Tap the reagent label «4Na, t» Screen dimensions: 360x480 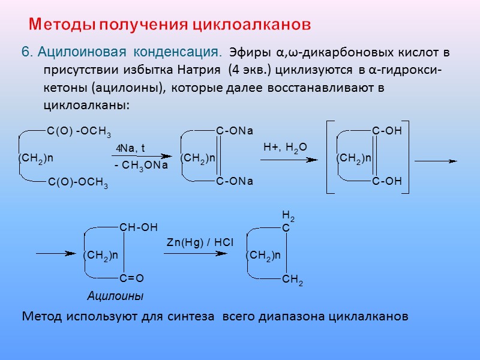click(131, 148)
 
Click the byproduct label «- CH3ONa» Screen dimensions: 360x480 click(140, 165)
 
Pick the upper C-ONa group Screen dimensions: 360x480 click(235, 131)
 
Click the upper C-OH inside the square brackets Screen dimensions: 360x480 click(386, 131)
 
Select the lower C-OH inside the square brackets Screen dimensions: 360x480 click(386, 181)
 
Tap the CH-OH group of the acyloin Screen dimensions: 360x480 click(139, 227)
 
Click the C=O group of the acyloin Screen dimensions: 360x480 click(132, 278)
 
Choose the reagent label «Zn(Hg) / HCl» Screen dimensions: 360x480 click(200, 242)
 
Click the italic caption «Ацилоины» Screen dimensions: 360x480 click(116, 296)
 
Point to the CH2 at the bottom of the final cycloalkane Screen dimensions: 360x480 click(292, 280)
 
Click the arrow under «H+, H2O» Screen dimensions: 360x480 click(289, 160)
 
